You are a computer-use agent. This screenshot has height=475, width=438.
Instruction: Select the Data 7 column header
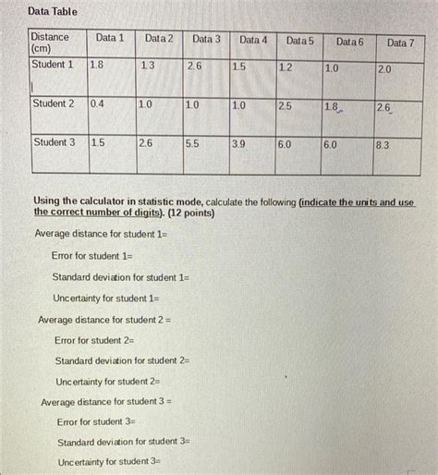pos(400,43)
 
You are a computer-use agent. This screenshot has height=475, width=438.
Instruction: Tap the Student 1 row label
pos(53,65)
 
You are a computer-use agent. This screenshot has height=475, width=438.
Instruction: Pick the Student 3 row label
pos(53,142)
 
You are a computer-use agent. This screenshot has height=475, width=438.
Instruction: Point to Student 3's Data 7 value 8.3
pos(383,145)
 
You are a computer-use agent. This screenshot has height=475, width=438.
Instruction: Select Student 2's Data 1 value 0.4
pos(97,104)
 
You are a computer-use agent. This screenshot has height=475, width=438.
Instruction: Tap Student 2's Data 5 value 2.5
pos(286,106)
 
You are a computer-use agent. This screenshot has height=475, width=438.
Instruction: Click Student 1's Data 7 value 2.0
pos(384,69)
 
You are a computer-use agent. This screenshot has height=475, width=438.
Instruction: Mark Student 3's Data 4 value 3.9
pos(238,144)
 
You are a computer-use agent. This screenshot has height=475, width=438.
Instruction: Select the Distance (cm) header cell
pos(51,43)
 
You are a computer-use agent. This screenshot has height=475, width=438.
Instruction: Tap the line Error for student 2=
pos(94,340)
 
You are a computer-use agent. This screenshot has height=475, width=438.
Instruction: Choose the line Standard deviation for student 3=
pos(123,442)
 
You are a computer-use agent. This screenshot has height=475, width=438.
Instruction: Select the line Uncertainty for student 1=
pos(106,298)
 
